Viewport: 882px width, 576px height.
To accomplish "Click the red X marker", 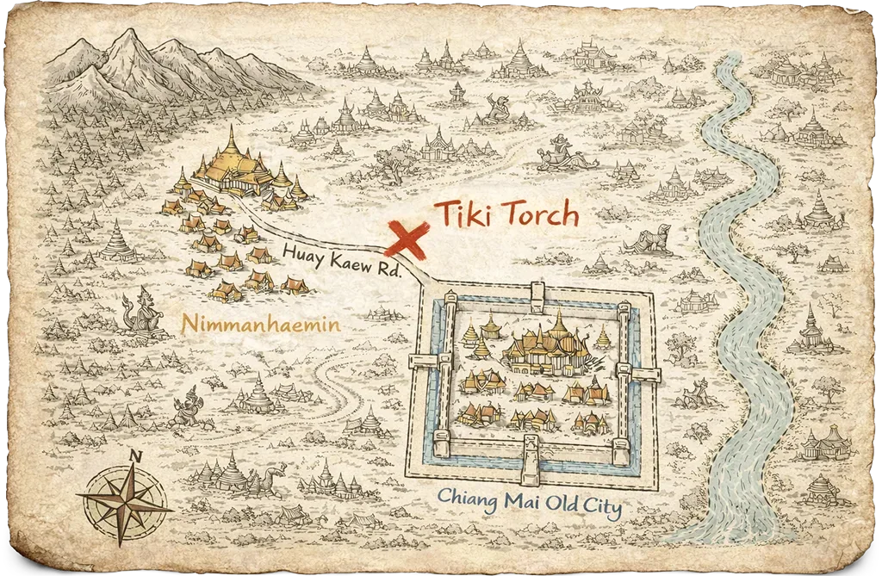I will coord(407,238).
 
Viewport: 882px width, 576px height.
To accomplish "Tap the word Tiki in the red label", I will coord(463,214).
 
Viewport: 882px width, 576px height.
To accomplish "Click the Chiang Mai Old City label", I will coord(530,501).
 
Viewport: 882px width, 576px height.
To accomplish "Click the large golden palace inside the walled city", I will coord(549,344).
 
